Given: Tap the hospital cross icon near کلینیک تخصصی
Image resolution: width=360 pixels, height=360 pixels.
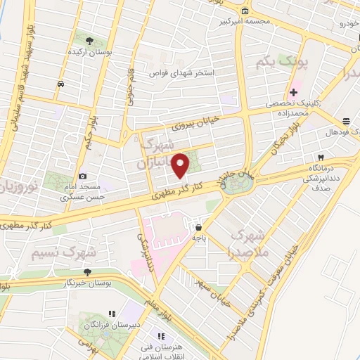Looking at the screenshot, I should (293, 92).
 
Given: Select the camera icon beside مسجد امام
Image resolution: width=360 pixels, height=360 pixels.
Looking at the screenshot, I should (83, 176).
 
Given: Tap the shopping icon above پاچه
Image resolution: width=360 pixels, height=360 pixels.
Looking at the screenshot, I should (200, 227).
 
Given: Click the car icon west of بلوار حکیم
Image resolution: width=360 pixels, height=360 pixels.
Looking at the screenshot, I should (60, 84).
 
